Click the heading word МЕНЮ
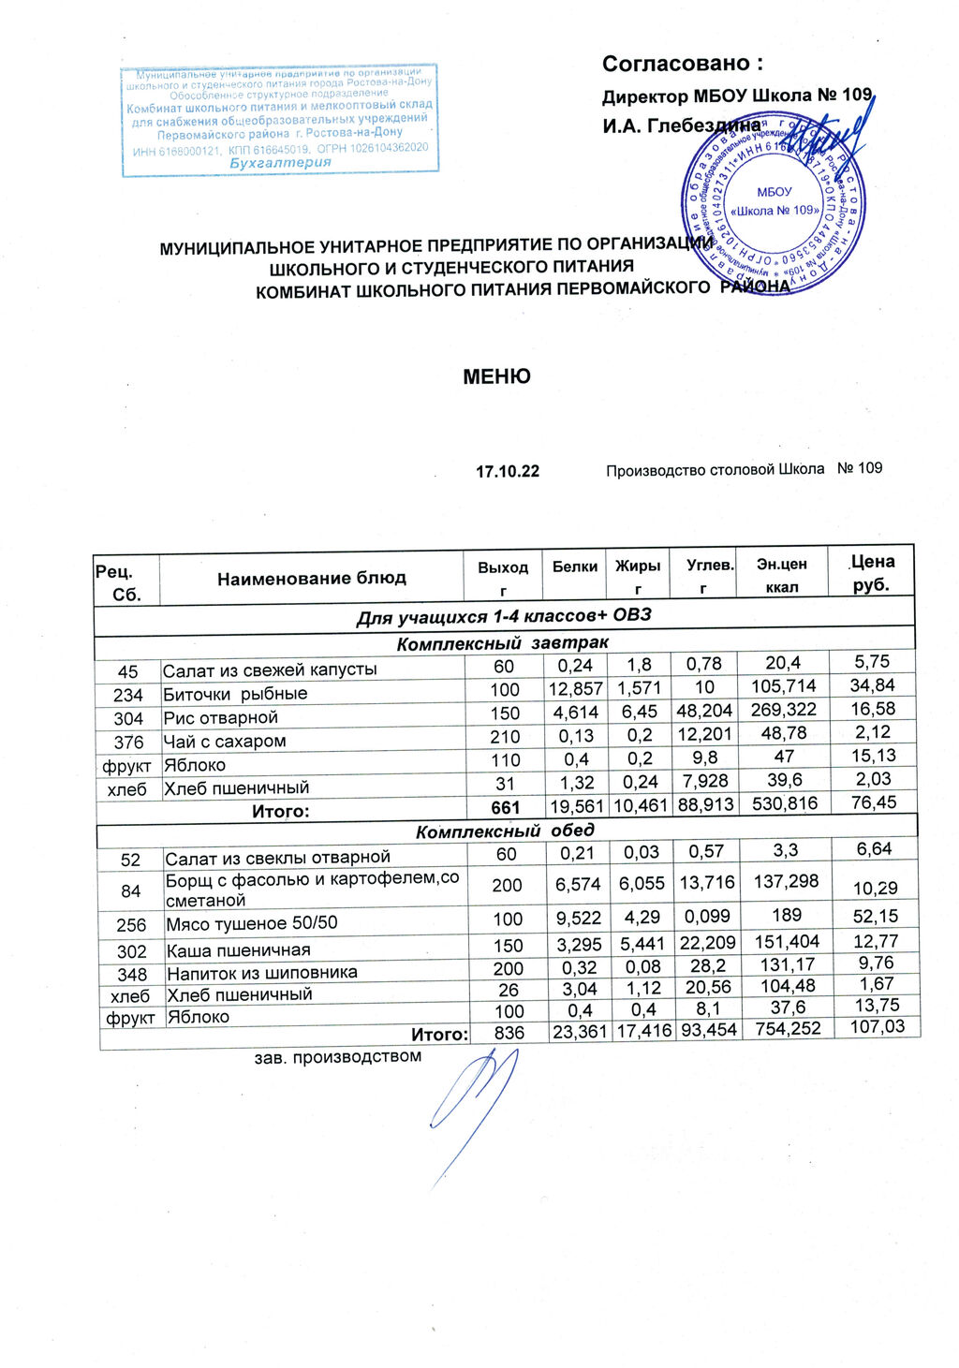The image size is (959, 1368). [496, 376]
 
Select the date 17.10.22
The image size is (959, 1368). [508, 471]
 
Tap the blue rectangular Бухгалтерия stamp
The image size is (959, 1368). [280, 119]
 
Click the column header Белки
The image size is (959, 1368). [574, 566]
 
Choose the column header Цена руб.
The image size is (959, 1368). [871, 573]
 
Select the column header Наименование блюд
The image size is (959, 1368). [312, 579]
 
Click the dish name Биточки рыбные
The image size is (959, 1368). [235, 694]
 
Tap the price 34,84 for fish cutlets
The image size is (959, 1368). [872, 685]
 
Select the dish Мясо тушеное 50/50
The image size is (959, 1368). [251, 923]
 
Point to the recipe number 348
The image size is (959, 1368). [131, 975]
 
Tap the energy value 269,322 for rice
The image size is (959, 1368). [783, 710]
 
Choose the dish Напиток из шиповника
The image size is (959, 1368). [261, 973]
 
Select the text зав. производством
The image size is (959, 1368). [338, 1057]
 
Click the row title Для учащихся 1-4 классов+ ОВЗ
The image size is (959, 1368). [503, 616]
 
